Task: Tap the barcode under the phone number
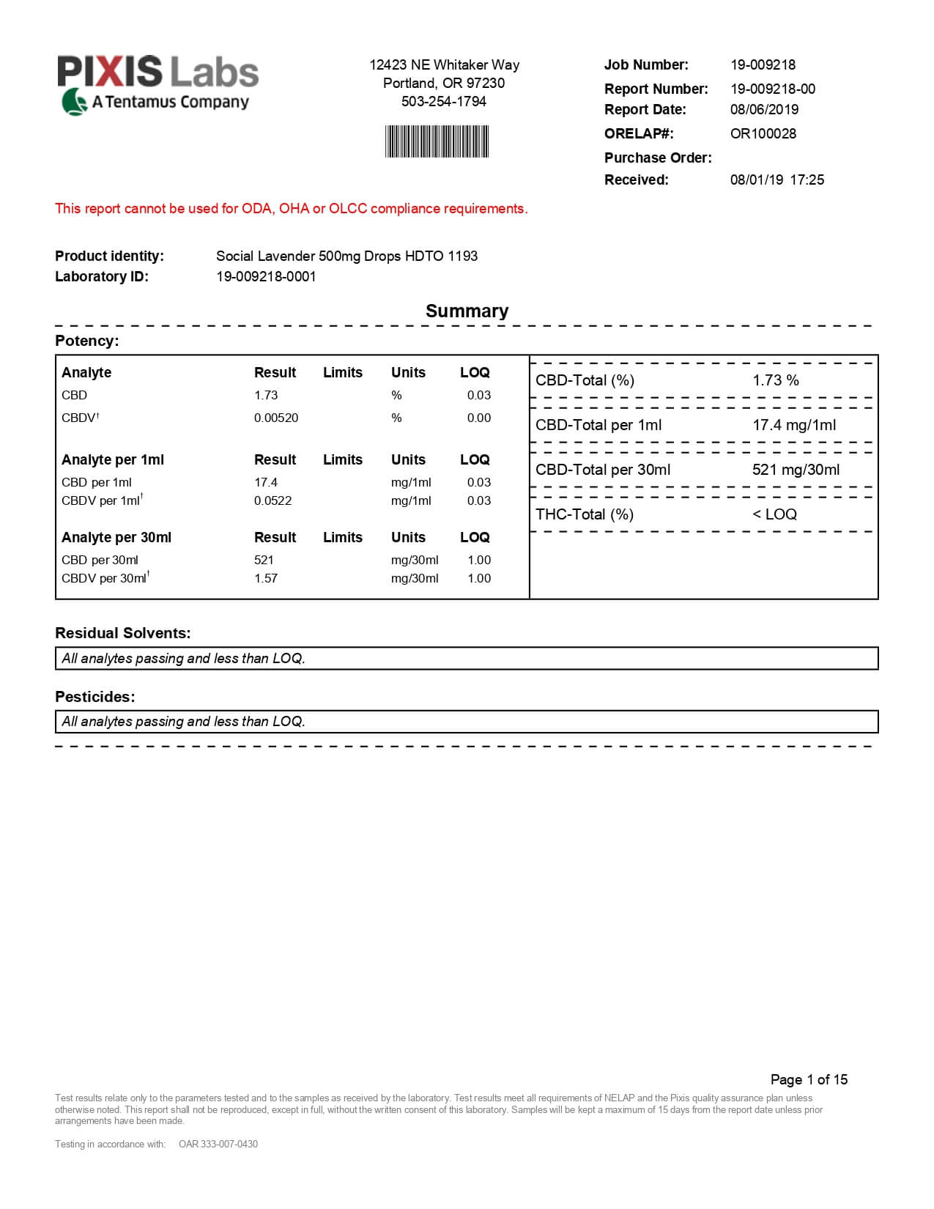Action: [437, 141]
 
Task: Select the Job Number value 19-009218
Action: [763, 64]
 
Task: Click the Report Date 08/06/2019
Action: [764, 109]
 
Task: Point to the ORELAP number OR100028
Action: [763, 133]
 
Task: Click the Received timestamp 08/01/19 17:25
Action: [777, 180]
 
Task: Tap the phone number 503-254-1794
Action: [443, 101]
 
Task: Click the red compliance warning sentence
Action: [291, 208]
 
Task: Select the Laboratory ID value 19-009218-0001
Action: [266, 276]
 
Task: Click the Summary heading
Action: [467, 311]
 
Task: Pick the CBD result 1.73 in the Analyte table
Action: [266, 395]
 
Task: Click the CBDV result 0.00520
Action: [276, 418]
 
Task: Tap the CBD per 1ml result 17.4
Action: [266, 482]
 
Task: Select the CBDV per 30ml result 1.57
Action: [266, 578]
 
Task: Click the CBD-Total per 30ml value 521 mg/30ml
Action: [796, 470]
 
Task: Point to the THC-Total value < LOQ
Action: [774, 514]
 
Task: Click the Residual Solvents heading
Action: [122, 633]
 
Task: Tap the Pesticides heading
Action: [95, 697]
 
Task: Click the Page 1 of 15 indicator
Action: [809, 1079]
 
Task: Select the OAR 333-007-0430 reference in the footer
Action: [218, 1144]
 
